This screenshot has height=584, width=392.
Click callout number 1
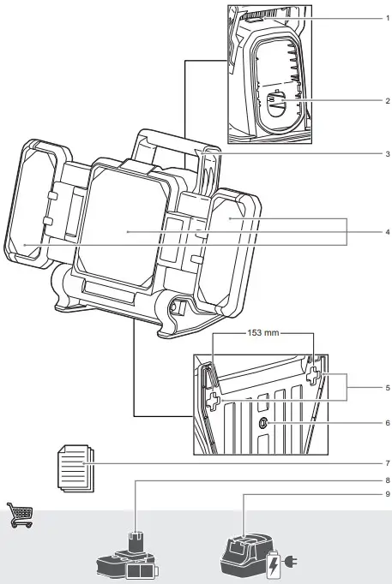pos(387,18)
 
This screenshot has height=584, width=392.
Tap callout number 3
pos(387,155)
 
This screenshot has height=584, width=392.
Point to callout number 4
pos(387,232)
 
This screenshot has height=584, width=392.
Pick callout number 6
pos(387,423)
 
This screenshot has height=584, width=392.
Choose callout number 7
pos(387,463)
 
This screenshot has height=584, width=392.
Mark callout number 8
pos(387,480)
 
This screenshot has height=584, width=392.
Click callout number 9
pos(387,493)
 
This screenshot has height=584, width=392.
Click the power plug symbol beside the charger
pos(292,563)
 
